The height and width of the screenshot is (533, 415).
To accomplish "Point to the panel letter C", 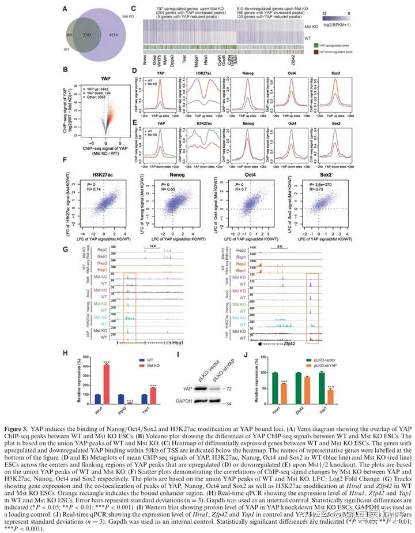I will (x=133, y=8).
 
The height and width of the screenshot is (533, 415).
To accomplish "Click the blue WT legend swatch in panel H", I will (x=141, y=359).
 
